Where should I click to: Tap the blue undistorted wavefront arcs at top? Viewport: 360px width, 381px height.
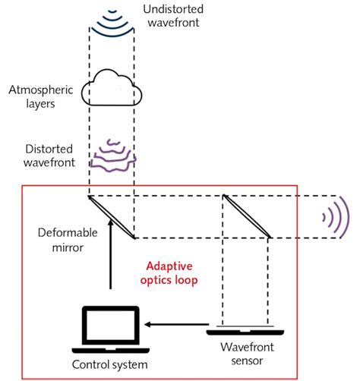pos(112,22)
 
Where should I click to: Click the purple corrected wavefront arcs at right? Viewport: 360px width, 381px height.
pos(335,216)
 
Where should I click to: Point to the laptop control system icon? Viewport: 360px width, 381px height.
pos(111,328)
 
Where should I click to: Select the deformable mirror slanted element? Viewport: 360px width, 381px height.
pos(112,216)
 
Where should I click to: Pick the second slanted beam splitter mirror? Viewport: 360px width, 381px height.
pos(246,216)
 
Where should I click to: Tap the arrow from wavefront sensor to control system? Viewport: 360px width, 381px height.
pos(175,324)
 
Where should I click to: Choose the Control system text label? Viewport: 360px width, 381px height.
pos(111,364)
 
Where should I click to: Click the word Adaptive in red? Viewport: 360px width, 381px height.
pos(169,267)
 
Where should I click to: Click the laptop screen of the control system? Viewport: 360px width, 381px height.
pos(111,323)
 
